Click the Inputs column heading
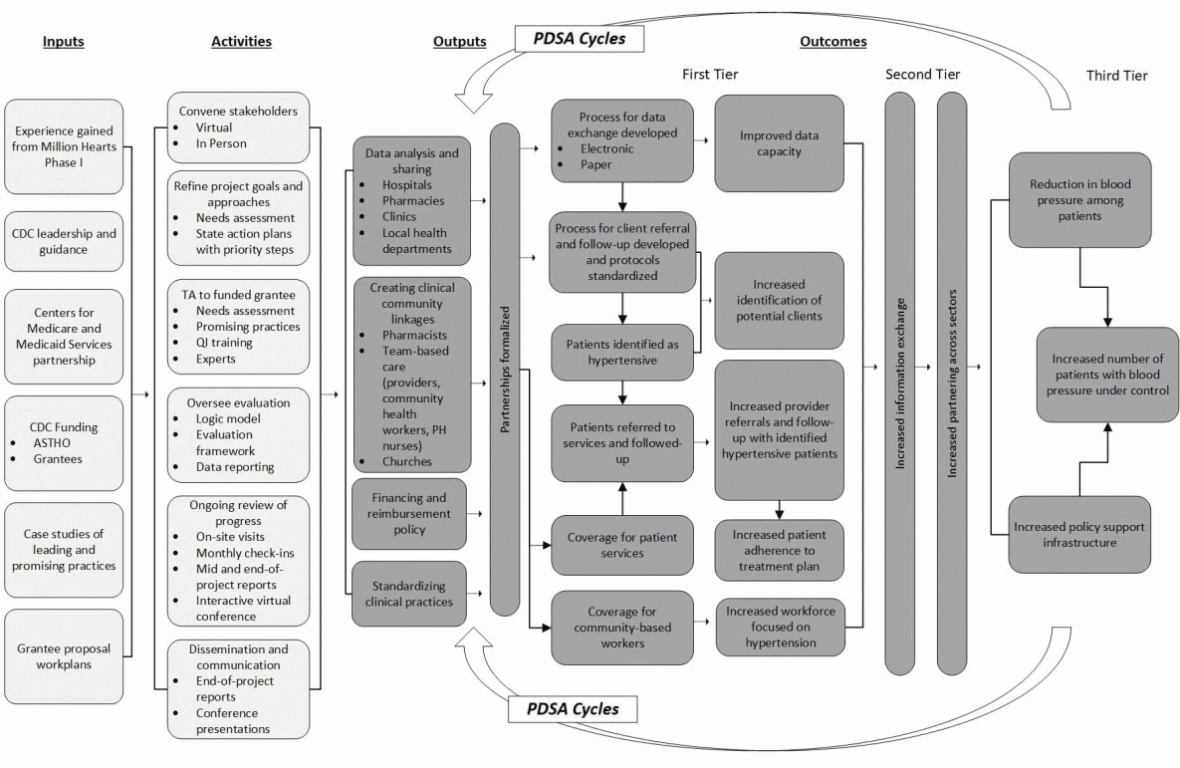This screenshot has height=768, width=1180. (x=64, y=42)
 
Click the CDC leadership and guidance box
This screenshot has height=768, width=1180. (x=64, y=241)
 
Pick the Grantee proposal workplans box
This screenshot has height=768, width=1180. (x=64, y=655)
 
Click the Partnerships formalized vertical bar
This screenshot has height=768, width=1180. (x=505, y=370)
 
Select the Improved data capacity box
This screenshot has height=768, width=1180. (x=779, y=142)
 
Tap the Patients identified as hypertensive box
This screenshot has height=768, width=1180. (x=623, y=351)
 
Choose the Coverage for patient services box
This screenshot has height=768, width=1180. (x=623, y=545)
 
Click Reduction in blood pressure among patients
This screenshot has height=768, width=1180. (x=1079, y=199)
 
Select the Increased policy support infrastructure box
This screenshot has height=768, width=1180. (x=1079, y=534)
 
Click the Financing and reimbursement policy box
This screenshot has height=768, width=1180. (x=409, y=513)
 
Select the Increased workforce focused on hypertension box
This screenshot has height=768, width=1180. (x=779, y=627)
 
